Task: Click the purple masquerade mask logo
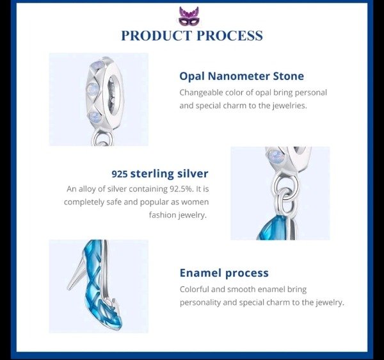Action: click(x=189, y=16)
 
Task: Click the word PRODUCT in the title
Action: click(x=156, y=35)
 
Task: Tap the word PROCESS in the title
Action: click(x=230, y=35)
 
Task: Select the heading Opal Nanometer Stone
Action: click(x=241, y=76)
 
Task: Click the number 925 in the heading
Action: click(x=120, y=174)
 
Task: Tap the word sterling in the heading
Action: click(x=152, y=174)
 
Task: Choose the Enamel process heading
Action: click(x=224, y=273)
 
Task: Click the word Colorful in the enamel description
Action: click(x=195, y=289)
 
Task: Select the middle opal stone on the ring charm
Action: click(x=93, y=88)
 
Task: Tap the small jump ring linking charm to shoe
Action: click(x=285, y=202)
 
